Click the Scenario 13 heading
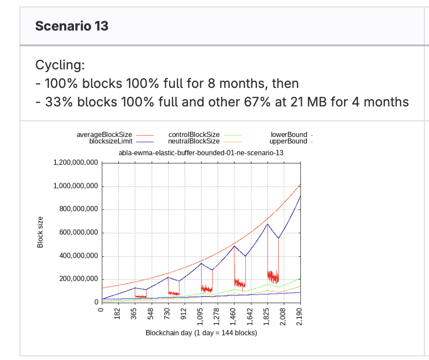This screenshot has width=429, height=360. pyautogui.click(x=72, y=25)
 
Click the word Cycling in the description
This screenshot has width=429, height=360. pyautogui.click(x=60, y=65)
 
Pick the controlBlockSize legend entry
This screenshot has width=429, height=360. pyautogui.click(x=194, y=135)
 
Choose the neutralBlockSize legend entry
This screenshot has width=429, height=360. pyautogui.click(x=194, y=141)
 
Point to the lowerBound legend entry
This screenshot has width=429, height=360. pyautogui.click(x=288, y=135)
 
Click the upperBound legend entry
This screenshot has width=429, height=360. pyautogui.click(x=288, y=141)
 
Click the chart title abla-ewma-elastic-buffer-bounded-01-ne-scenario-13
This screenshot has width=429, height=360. pyautogui.click(x=201, y=153)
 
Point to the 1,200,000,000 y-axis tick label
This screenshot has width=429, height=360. pyautogui.click(x=76, y=163)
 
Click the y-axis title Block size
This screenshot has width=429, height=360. pyautogui.click(x=40, y=232)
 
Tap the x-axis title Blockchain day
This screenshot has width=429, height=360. pyautogui.click(x=201, y=333)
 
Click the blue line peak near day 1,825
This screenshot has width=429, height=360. pyautogui.click(x=267, y=224)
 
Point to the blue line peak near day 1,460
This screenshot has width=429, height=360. pyautogui.click(x=234, y=246)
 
